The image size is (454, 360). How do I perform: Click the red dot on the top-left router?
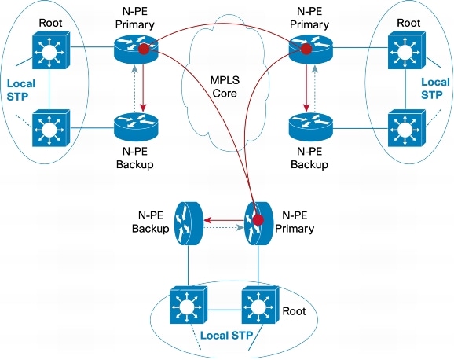click(x=144, y=50)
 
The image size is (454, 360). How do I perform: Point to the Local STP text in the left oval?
click(x=20, y=89)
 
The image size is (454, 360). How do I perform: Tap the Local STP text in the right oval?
click(x=435, y=89)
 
